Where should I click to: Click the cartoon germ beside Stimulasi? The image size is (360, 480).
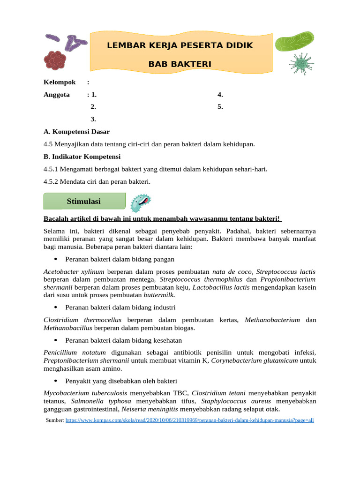point(141,202)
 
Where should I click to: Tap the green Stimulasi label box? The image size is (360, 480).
point(84,201)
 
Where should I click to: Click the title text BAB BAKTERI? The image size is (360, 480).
point(180,64)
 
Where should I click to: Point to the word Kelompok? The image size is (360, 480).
point(60,82)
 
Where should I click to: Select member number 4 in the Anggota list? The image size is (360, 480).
point(220,95)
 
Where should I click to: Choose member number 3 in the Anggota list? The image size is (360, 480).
point(93,119)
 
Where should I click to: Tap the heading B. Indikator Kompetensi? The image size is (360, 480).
point(82,157)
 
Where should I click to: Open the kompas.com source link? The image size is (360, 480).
point(189,420)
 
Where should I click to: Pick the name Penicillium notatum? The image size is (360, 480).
point(75,352)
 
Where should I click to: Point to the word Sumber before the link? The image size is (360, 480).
point(54,420)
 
